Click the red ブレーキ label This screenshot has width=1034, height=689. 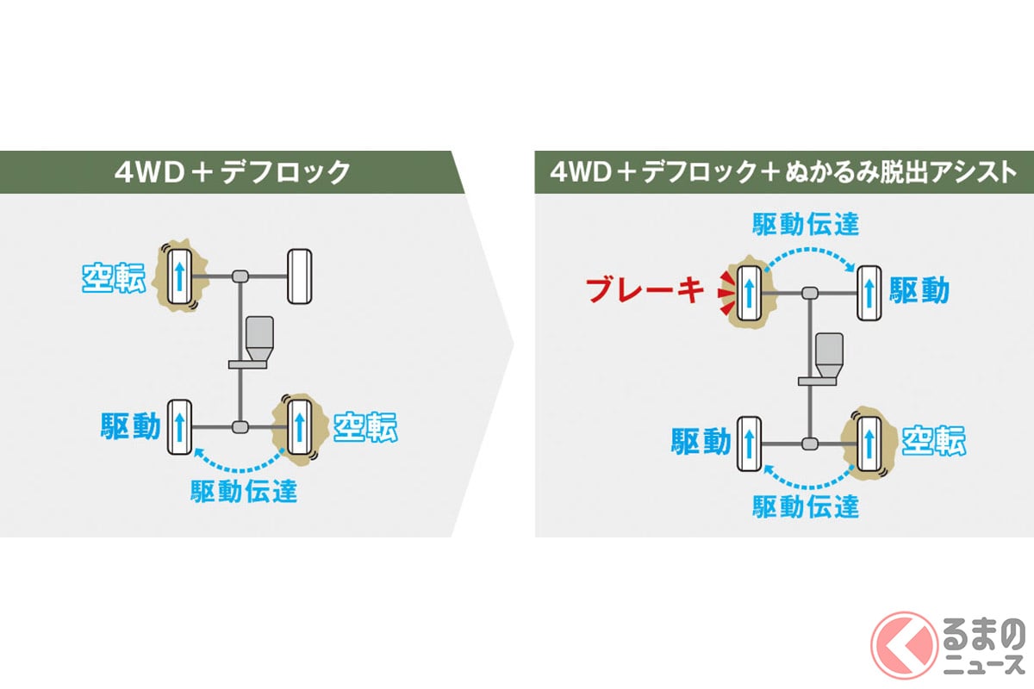click(645, 290)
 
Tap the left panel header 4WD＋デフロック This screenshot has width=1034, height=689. click(233, 171)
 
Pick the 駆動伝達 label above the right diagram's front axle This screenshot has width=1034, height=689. click(806, 225)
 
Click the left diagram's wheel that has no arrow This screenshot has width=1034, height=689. click(299, 276)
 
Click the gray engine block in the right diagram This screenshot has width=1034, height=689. click(828, 352)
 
